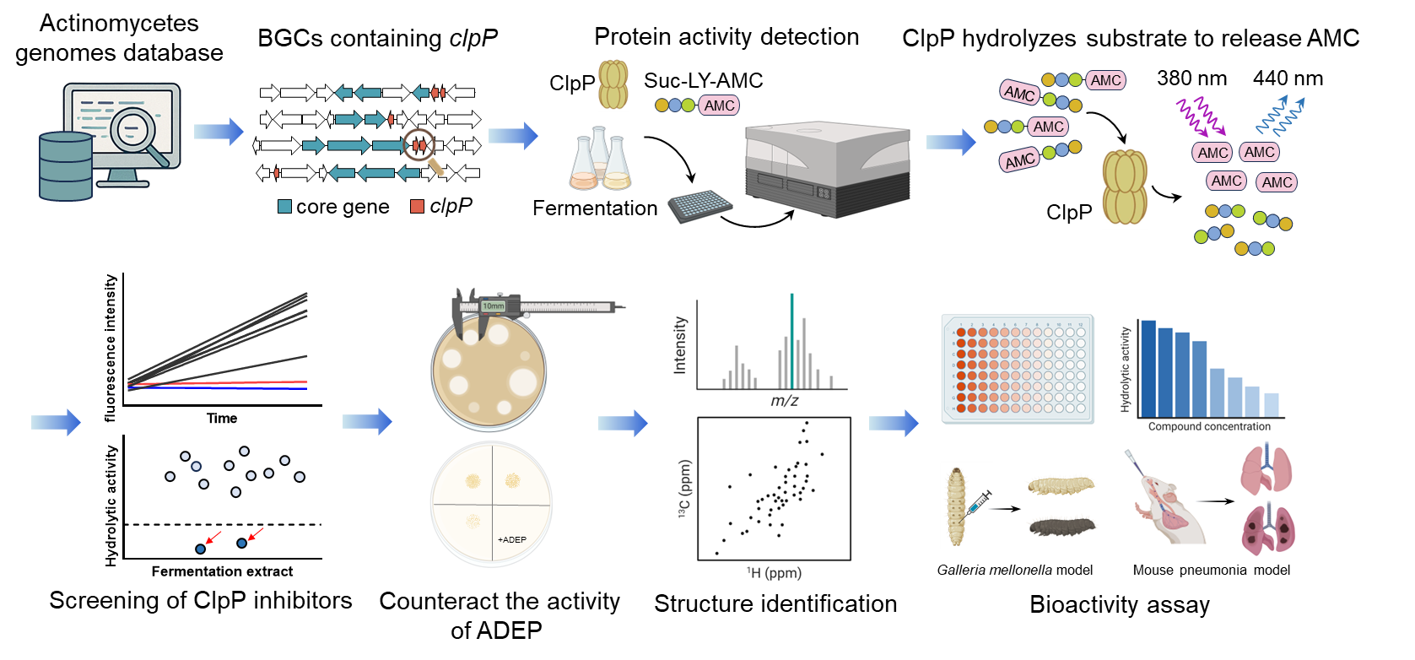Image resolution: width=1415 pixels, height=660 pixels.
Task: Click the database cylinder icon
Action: tap(65, 165)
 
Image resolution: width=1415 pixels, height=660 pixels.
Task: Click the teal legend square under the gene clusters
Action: tap(285, 206)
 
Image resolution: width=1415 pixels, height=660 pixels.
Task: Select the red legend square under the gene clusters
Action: tap(417, 206)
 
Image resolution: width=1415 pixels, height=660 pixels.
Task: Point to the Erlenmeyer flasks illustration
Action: tap(600, 160)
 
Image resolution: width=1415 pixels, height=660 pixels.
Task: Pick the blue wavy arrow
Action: tap(1281, 116)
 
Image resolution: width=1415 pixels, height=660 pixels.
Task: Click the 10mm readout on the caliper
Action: tap(493, 306)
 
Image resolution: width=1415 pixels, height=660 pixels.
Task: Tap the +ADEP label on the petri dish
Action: tap(511, 539)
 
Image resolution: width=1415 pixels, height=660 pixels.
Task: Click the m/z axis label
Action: tap(784, 401)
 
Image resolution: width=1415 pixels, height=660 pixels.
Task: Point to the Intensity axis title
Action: tap(680, 345)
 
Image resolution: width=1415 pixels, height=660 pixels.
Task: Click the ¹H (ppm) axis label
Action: tap(774, 573)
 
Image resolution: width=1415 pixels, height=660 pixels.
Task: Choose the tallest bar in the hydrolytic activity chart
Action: tap(1148, 368)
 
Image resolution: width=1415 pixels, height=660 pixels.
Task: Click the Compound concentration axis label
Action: tap(1209, 426)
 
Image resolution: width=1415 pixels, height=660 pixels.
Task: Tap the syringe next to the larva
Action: tap(979, 503)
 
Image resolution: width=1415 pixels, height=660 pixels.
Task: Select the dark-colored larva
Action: tap(1063, 525)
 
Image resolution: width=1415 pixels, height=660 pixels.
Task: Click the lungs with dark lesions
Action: tap(1268, 527)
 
